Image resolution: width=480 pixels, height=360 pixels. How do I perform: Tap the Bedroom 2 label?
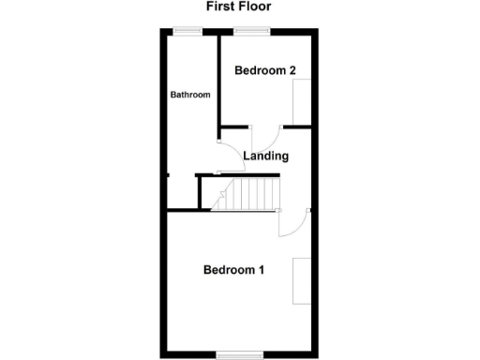[265, 70]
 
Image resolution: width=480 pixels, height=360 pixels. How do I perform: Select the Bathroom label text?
[189, 95]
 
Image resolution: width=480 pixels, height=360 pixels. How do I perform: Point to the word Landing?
[265, 156]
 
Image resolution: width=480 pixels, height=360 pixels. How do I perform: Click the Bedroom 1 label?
[233, 270]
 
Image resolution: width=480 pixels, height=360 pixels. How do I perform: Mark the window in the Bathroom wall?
[188, 33]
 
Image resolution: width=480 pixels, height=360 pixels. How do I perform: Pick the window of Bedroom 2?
[251, 33]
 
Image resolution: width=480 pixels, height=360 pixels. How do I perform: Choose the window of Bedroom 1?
[239, 354]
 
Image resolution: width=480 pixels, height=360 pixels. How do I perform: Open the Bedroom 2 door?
[265, 137]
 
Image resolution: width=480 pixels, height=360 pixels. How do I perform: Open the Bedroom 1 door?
[292, 223]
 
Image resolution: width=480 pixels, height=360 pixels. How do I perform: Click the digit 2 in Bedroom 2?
[293, 70]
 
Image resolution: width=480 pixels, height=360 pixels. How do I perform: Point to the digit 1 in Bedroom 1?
[261, 270]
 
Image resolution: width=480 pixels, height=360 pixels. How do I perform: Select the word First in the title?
[218, 7]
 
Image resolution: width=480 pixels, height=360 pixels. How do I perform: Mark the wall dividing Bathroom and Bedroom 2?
[218, 80]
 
